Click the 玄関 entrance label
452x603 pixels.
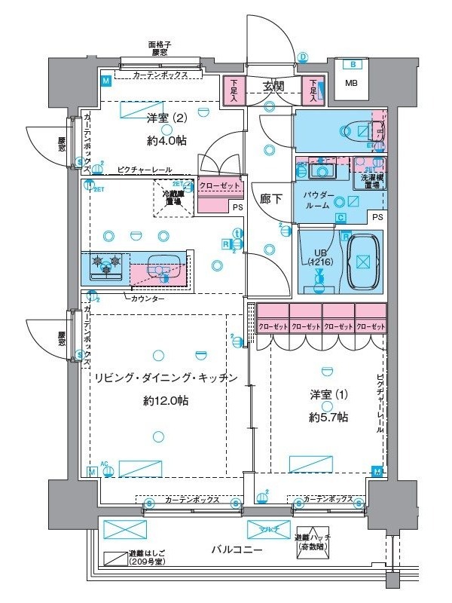[275, 87]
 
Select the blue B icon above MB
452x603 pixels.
[352, 65]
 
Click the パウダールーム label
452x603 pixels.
[316, 200]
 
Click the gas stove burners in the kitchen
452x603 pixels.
[105, 265]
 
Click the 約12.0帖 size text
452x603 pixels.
[165, 400]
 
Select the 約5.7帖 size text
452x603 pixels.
[328, 416]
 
